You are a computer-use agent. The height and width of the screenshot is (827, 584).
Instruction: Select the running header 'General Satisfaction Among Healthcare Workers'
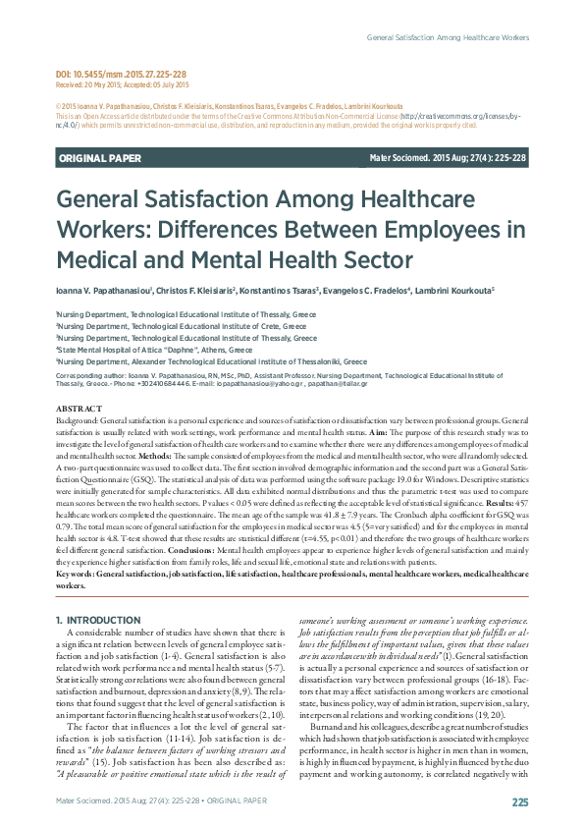pos(447,37)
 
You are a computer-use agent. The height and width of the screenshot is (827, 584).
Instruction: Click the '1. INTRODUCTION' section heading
pos(98,593)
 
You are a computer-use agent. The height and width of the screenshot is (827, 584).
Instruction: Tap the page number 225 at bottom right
pos(519,801)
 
